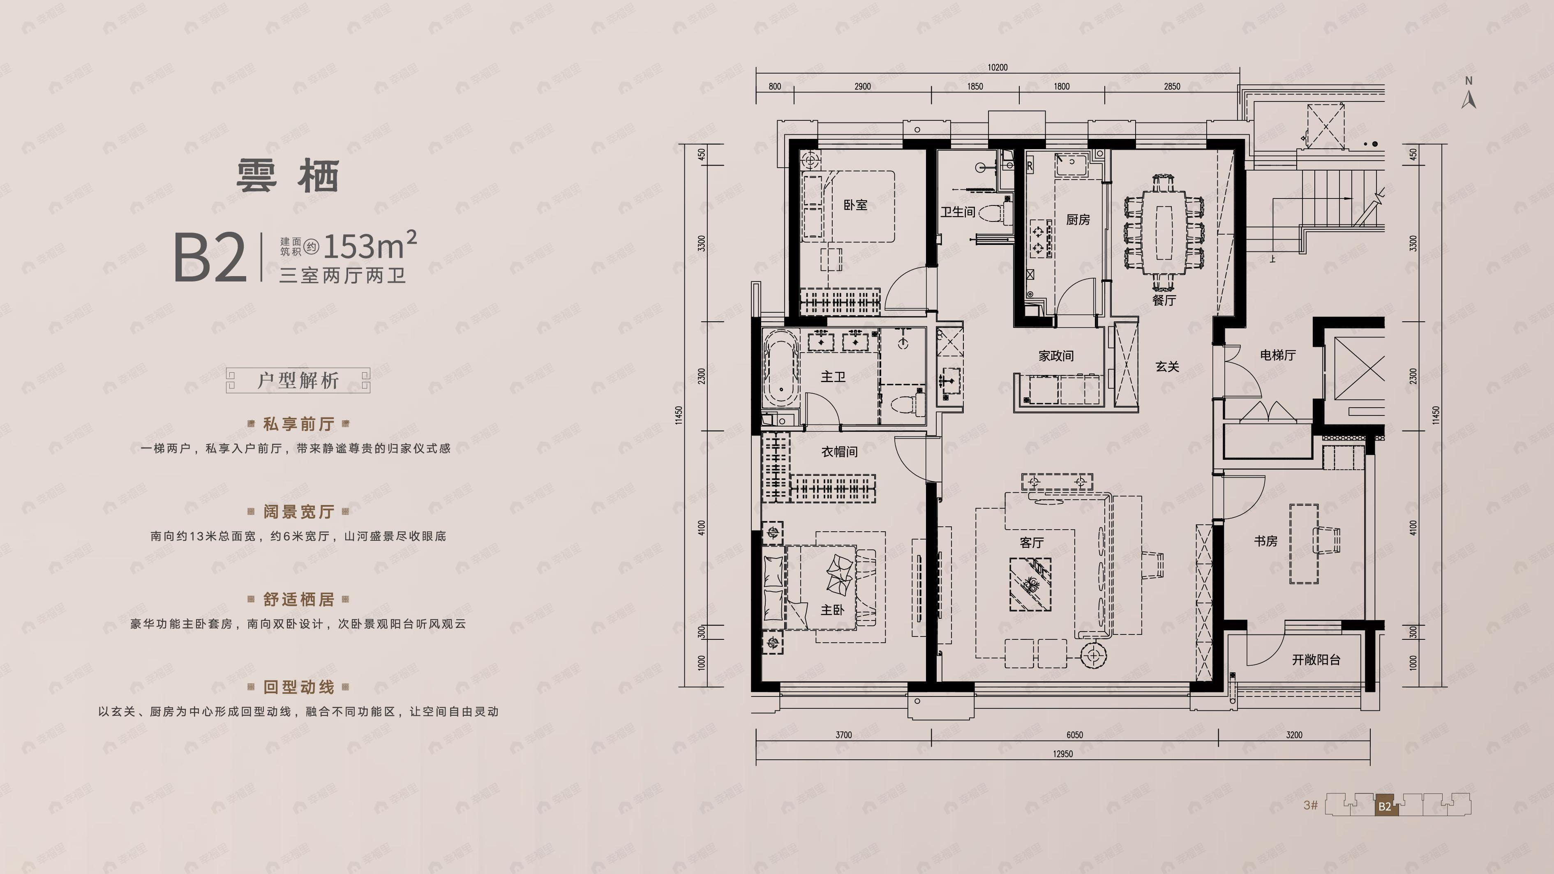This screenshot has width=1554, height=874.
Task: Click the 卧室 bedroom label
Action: pos(855,205)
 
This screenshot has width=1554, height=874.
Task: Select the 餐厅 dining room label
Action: pos(1164,300)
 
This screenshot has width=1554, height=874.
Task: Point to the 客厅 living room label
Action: pos(1032,543)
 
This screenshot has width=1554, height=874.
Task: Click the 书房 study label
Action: pos(1265,541)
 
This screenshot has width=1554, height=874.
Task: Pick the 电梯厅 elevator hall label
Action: pos(1278,355)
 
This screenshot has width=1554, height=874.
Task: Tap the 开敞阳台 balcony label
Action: pos(1316,660)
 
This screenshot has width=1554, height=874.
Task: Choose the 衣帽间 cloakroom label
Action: pos(839,451)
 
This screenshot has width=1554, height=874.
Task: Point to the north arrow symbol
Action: pos(1469,97)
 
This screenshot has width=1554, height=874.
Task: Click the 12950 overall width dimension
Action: pos(1062,754)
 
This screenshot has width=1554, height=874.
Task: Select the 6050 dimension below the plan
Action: pos(1074,735)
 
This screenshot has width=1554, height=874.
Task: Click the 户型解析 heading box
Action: pos(298,381)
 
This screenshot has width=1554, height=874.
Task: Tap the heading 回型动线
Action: pos(299,687)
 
